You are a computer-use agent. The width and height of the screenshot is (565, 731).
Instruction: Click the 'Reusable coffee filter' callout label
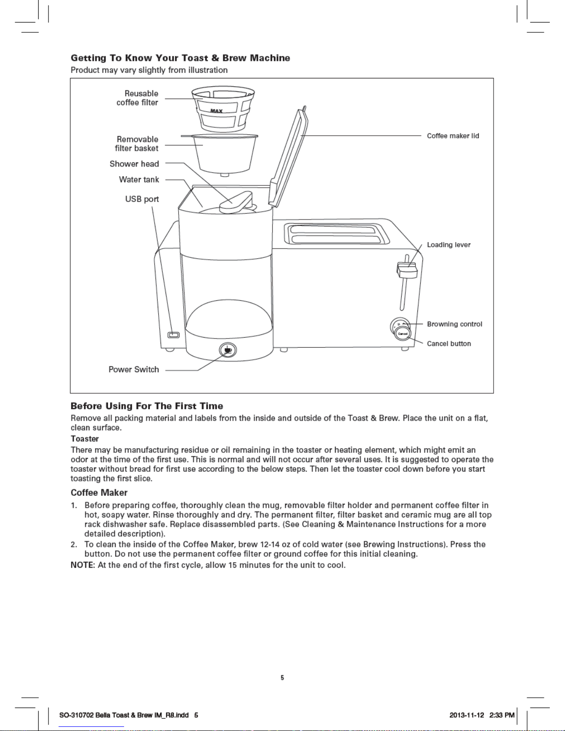tap(137, 98)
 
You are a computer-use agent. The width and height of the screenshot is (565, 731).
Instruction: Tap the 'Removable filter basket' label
tap(137, 143)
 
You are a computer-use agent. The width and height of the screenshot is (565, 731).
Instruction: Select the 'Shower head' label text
tap(134, 164)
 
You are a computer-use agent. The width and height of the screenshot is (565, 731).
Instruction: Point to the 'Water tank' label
tap(139, 179)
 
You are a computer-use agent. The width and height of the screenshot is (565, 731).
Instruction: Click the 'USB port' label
tap(142, 199)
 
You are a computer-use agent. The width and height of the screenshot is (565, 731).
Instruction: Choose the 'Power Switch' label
tap(134, 369)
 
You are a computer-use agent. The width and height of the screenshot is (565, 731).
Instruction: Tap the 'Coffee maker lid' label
tap(453, 136)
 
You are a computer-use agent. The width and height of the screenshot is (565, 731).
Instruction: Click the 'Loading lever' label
tap(449, 245)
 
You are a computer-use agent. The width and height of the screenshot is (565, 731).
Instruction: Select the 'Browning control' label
tap(454, 324)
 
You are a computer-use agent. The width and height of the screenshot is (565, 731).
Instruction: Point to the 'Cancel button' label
tap(449, 344)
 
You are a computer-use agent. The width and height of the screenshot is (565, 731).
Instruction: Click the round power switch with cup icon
tap(227, 350)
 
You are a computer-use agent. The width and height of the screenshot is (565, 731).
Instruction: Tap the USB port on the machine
tap(173, 335)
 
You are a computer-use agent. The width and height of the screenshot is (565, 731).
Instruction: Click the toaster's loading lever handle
tap(407, 270)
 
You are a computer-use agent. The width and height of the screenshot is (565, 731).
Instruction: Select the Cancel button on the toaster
tap(403, 333)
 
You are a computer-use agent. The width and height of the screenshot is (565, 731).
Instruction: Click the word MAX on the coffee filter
tap(216, 111)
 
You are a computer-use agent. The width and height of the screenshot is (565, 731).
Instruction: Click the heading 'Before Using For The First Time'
tap(147, 406)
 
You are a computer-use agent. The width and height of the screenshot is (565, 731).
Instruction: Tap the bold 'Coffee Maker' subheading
tap(99, 493)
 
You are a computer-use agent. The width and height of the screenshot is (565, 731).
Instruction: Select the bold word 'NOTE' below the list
tap(82, 565)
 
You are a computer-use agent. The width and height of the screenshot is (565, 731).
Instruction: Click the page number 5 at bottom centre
tap(282, 678)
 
